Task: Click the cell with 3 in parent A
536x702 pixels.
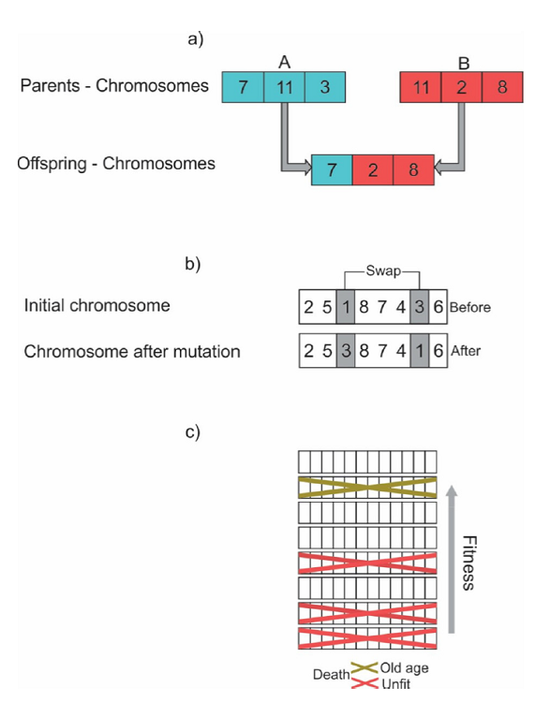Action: click(324, 86)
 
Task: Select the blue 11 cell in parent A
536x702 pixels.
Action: click(284, 86)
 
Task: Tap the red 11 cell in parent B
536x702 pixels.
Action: click(421, 86)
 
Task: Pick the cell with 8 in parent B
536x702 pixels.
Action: click(503, 86)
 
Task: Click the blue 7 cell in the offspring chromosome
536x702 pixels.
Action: click(332, 169)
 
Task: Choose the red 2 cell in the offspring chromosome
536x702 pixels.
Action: click(373, 169)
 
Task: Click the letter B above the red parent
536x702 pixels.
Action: click(463, 63)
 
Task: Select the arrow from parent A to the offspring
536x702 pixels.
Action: click(286, 140)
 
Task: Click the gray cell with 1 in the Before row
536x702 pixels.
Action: click(345, 306)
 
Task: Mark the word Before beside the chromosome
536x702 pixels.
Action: click(470, 307)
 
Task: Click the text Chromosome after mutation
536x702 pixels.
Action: click(132, 352)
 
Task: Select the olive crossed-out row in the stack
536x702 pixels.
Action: click(367, 487)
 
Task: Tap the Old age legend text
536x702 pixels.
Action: click(404, 668)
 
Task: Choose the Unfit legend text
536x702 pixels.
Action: click(396, 684)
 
